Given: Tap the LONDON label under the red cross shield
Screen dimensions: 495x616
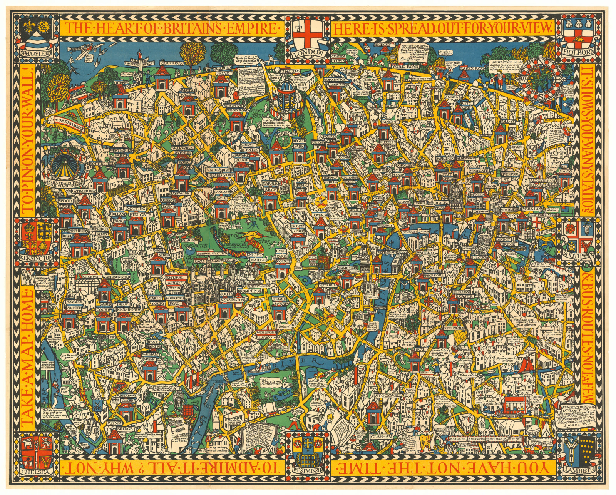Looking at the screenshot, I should coord(308,53).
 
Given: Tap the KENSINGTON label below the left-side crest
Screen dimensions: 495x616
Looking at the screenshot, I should coord(37,257).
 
